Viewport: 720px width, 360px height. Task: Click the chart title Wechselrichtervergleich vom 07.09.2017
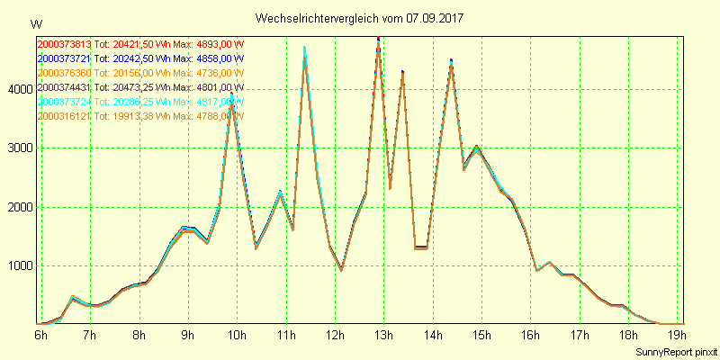click(x=359, y=18)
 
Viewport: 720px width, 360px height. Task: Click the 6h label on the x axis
click(x=40, y=336)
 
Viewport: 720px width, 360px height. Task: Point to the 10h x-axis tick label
click(x=237, y=336)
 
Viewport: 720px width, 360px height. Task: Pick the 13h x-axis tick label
click(x=384, y=336)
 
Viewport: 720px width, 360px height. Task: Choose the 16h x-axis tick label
click(x=531, y=336)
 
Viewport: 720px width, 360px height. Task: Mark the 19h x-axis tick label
click(x=679, y=336)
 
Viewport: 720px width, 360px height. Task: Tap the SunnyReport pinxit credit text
click(x=675, y=351)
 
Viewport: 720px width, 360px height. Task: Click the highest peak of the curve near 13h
click(x=378, y=39)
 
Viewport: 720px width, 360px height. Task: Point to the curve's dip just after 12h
click(x=341, y=269)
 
